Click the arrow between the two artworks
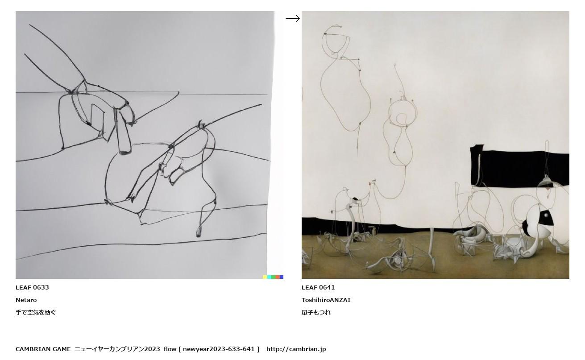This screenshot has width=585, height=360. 293,19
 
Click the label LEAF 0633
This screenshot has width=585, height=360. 32,287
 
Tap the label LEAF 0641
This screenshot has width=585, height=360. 318,287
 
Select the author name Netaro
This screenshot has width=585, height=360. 26,300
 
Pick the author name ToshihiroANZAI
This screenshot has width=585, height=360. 326,300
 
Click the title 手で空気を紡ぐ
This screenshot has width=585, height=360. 36,312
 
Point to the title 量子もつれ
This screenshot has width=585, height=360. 316,312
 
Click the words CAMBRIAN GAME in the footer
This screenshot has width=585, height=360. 43,349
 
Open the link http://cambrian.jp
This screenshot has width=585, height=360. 296,349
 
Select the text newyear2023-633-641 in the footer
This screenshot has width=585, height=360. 219,349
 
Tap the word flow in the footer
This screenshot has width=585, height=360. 170,349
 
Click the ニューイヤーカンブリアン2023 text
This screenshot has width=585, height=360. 117,349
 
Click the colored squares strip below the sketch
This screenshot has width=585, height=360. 273,277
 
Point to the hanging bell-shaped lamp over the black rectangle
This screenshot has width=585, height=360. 546,181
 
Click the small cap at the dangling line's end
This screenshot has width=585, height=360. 199,232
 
